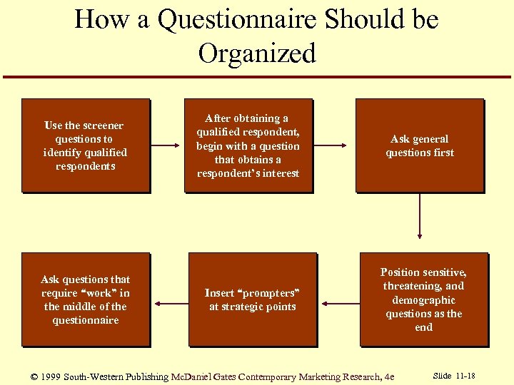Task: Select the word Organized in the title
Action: (257, 53)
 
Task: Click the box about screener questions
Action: (86, 145)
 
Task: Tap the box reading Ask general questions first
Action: (420, 145)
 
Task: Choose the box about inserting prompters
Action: (252, 299)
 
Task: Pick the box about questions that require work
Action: (86, 299)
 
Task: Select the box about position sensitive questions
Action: (423, 299)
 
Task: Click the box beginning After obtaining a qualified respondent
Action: (248, 145)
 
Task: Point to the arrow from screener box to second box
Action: (167, 146)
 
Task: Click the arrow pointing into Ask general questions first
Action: (333, 146)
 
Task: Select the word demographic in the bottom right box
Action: (423, 300)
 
